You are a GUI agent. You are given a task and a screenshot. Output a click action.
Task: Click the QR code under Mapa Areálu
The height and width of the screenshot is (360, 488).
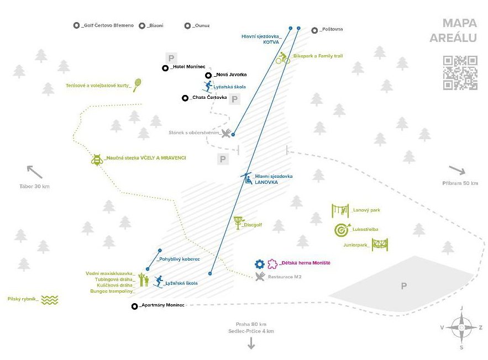tap(460, 72)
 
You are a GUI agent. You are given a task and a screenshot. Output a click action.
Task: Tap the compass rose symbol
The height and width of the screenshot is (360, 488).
tap(461, 327)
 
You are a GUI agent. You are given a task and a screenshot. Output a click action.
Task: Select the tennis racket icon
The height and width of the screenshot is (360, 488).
tap(138, 84)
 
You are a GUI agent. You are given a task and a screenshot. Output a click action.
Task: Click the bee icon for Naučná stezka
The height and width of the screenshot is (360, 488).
tap(97, 160)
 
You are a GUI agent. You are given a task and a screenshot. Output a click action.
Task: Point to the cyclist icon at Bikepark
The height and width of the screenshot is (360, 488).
tap(283, 58)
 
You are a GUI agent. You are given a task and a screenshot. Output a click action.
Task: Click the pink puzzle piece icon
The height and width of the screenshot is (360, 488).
tap(272, 264)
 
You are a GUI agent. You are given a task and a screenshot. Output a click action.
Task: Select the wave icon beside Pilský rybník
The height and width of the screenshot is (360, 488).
tap(50, 300)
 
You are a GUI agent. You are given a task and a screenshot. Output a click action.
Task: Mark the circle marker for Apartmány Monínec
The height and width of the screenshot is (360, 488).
tap(134, 306)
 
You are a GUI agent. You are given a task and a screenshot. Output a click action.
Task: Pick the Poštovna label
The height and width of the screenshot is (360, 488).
tap(332, 29)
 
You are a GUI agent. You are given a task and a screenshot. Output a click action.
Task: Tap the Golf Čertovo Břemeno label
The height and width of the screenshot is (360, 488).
tap(106, 25)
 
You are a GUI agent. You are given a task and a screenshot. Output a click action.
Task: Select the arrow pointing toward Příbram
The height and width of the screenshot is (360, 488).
tap(457, 170)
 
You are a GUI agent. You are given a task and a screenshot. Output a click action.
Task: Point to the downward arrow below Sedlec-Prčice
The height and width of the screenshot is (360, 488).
tap(251, 343)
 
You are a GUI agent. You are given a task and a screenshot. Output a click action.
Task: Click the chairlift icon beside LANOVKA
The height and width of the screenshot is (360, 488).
tap(246, 178)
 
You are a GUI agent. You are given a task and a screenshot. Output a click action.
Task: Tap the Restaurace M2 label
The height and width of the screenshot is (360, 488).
tap(285, 276)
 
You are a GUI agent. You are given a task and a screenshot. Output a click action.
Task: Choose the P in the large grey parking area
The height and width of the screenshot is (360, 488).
tap(404, 285)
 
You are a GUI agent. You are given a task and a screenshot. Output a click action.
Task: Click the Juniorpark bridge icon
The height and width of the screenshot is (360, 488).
tap(380, 244)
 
